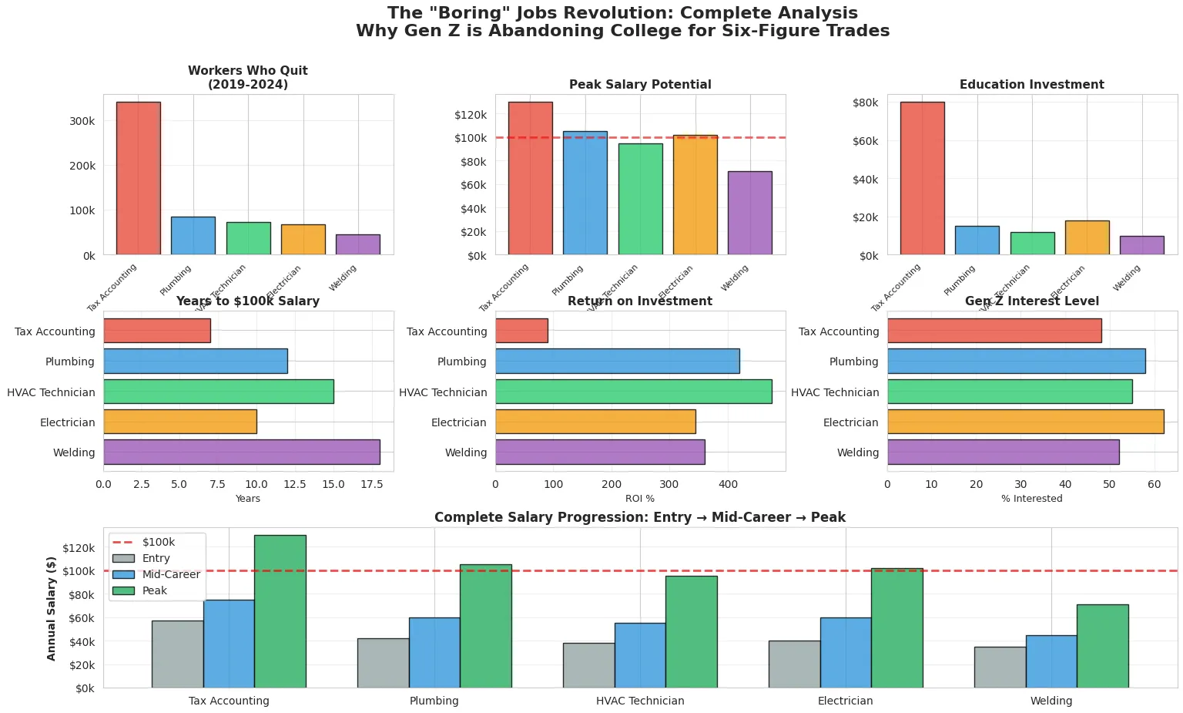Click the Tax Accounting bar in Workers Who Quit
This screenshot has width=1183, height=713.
click(x=139, y=178)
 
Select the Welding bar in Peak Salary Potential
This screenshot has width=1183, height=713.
click(x=749, y=213)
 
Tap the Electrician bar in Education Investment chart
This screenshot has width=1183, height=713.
click(x=1087, y=237)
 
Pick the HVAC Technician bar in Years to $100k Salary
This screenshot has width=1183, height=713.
click(x=218, y=392)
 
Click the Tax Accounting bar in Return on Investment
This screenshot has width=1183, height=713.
click(x=521, y=331)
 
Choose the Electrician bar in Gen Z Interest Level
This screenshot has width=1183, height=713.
click(x=1024, y=422)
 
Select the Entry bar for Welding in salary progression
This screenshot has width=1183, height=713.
click(x=1000, y=667)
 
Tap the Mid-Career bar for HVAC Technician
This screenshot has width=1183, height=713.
click(x=639, y=655)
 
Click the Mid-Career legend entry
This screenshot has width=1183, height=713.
click(x=171, y=574)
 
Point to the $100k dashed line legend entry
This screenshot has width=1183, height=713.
click(x=158, y=542)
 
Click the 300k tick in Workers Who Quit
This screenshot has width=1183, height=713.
click(x=82, y=121)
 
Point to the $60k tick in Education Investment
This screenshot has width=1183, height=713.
click(x=866, y=141)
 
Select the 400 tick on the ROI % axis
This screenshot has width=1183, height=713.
click(x=727, y=484)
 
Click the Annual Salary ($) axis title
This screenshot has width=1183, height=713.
click(x=52, y=608)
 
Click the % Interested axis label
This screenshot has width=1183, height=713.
click(x=1031, y=499)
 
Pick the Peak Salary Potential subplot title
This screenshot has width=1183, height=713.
click(x=640, y=85)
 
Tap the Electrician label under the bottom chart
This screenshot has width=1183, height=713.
click(x=845, y=701)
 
